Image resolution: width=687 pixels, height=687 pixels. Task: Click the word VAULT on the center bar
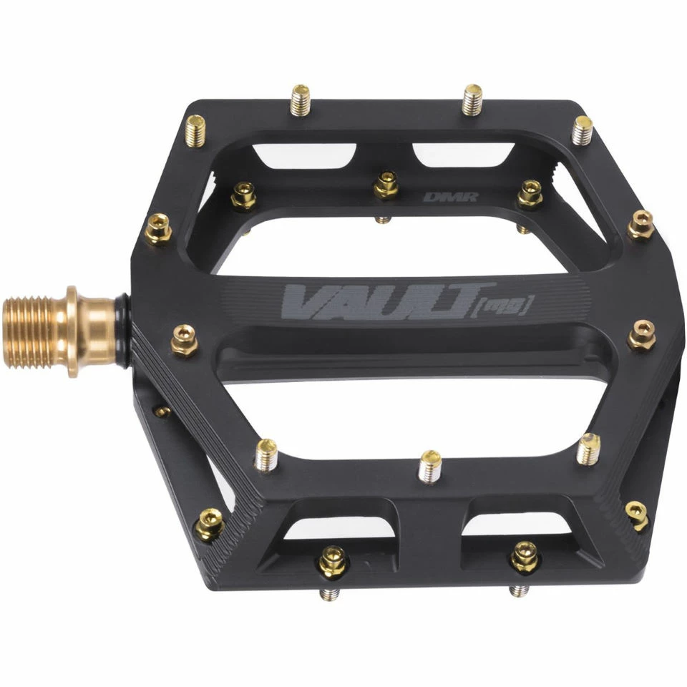pos(379,301)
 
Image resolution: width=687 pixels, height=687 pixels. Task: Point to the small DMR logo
pos(441,197)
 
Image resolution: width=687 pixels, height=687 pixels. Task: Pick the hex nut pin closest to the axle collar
pos(185,339)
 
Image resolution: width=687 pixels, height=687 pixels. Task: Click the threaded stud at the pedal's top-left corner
pos(195,130)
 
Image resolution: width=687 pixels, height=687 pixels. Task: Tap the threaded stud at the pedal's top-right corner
pos(583,130)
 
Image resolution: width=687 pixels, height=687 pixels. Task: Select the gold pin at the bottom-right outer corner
pos(636,514)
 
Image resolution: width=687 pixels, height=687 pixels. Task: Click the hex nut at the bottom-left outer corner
pos(210,525)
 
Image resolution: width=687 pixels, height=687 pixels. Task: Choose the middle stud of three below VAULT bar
pos(430,466)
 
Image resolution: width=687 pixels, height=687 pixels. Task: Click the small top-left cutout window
pos(304,155)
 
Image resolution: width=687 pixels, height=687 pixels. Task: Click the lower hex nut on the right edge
pos(641,335)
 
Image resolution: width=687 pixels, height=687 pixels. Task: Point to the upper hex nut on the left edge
pos(157,228)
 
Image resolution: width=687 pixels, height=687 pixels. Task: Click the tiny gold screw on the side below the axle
pos(162,411)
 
